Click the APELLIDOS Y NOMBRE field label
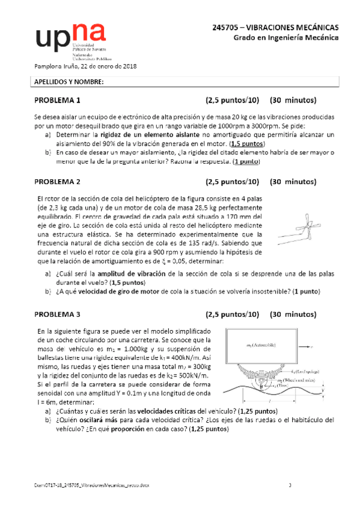tap(68, 81)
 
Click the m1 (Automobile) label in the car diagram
tap(261, 345)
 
